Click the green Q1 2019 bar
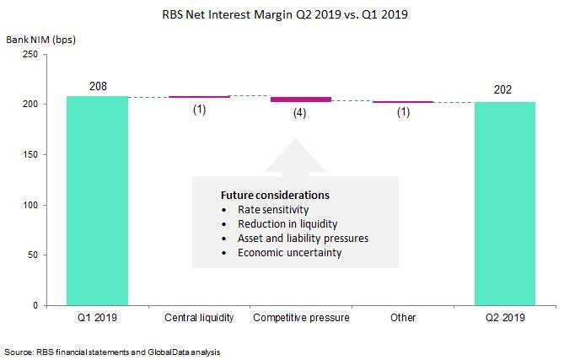(98, 200)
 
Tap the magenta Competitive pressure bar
(301, 99)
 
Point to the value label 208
(98, 86)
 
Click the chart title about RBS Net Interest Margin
(282, 14)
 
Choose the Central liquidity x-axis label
(199, 318)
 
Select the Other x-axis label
(403, 318)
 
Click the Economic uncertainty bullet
(289, 252)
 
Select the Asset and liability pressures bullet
(303, 238)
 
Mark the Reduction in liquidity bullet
(287, 223)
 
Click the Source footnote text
(117, 350)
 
